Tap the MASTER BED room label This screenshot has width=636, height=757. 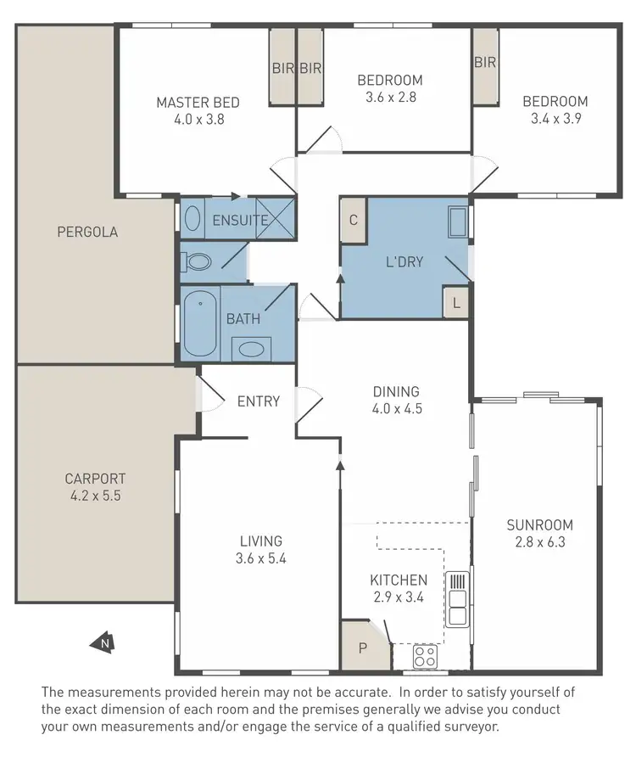point(198,103)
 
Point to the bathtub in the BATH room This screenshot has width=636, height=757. point(200,324)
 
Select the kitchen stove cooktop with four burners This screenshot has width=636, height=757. point(425,656)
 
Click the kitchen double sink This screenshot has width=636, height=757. point(458,598)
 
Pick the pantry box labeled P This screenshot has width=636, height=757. point(362,648)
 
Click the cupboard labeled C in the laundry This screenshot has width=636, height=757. point(353,218)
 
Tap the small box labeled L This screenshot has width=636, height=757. point(456,303)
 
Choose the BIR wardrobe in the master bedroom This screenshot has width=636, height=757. point(282,68)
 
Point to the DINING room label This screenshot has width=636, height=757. point(397,392)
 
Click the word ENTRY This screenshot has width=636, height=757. point(258,401)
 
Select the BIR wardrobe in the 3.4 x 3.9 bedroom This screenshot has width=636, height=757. point(485,63)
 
